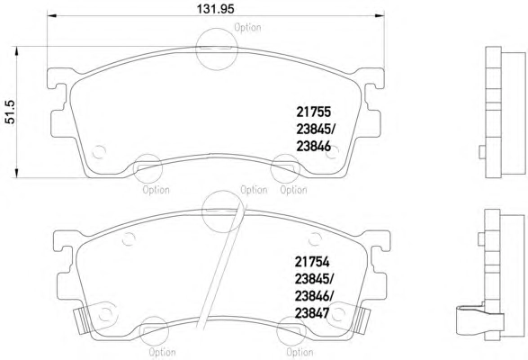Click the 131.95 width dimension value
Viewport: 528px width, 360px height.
pos(215,9)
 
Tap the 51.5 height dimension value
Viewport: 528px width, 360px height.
pos(10,112)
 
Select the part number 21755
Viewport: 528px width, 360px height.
pos(314,112)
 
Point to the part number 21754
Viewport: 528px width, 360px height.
pos(312,262)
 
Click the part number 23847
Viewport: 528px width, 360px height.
pos(312,313)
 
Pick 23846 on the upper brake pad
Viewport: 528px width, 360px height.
pos(314,147)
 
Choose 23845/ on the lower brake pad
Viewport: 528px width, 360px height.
pos(314,279)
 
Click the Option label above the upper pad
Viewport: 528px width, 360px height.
pos(247,27)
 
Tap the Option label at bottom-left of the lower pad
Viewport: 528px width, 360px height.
pos(162,352)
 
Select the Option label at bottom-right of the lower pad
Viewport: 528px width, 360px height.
pos(300,352)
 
